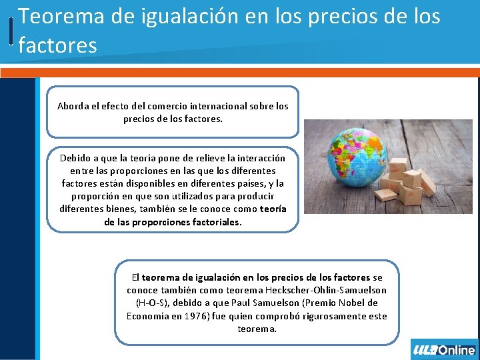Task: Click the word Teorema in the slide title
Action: tap(61, 17)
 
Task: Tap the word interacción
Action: tap(259, 158)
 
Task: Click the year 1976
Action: tap(195, 315)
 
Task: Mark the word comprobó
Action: tap(256, 315)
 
